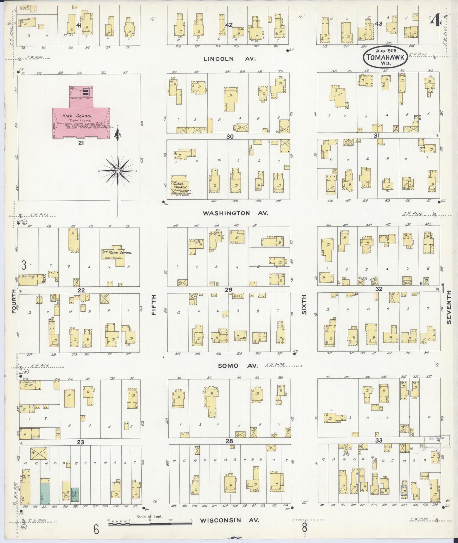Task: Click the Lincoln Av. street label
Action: point(223,59)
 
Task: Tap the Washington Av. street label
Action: point(235,213)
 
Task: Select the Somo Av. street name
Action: point(238,366)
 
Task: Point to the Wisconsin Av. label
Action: point(229,520)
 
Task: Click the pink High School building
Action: point(81,122)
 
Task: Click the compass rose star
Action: point(118,171)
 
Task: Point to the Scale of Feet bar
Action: point(150,524)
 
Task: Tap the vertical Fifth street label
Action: point(154,305)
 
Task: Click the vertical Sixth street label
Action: point(304,305)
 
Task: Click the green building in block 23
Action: point(45,493)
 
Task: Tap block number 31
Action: point(377,136)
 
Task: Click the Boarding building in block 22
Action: point(31,279)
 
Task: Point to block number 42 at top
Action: point(229,25)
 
